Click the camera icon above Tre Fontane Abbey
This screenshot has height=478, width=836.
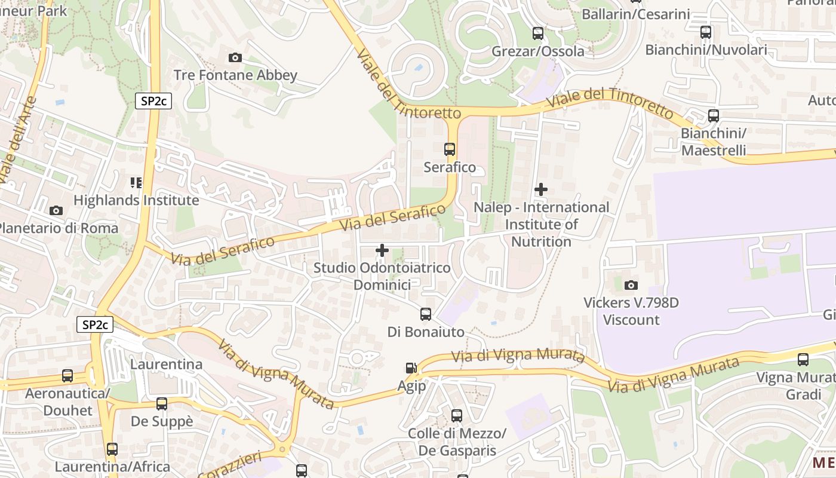(x=235, y=58)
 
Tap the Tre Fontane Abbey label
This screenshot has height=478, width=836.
(x=235, y=75)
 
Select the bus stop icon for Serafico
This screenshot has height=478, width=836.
(x=450, y=149)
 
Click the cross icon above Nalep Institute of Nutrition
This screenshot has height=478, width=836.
(x=541, y=190)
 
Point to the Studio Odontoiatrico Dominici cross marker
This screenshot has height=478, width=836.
(x=382, y=250)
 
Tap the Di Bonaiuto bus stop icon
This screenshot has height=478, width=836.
(x=426, y=314)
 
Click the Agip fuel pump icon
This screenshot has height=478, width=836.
(x=411, y=369)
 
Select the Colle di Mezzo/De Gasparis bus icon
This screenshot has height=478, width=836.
(x=457, y=416)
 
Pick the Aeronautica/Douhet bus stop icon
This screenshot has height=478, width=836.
(x=67, y=376)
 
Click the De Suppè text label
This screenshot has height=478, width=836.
(x=162, y=421)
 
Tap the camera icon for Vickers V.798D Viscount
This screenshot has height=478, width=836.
(x=631, y=286)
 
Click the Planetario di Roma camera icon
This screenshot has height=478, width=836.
(x=56, y=211)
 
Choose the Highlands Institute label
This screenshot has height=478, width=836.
(x=136, y=200)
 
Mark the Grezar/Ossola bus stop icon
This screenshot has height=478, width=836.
(x=538, y=33)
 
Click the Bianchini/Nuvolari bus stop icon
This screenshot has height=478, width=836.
(x=706, y=32)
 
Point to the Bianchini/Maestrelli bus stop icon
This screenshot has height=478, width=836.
(x=714, y=116)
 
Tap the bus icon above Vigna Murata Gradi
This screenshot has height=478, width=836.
(x=803, y=360)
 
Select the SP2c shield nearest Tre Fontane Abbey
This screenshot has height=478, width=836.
(x=153, y=101)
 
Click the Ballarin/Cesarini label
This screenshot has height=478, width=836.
(x=636, y=14)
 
